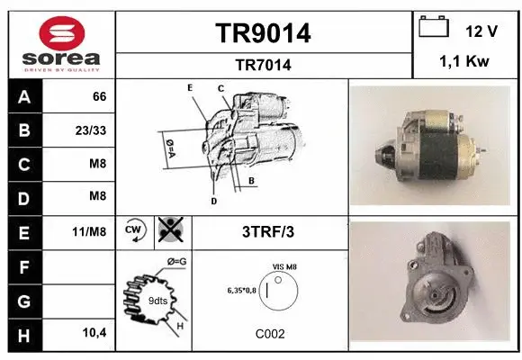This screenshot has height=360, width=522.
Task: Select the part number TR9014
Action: click(263, 33)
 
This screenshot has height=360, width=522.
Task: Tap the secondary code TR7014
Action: click(263, 65)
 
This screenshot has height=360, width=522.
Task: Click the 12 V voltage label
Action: click(481, 31)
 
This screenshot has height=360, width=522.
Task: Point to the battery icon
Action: click(434, 28)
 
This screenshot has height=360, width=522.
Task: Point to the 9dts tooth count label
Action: click(157, 300)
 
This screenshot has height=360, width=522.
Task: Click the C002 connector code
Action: click(270, 334)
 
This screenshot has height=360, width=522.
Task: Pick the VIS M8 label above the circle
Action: click(284, 266)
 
